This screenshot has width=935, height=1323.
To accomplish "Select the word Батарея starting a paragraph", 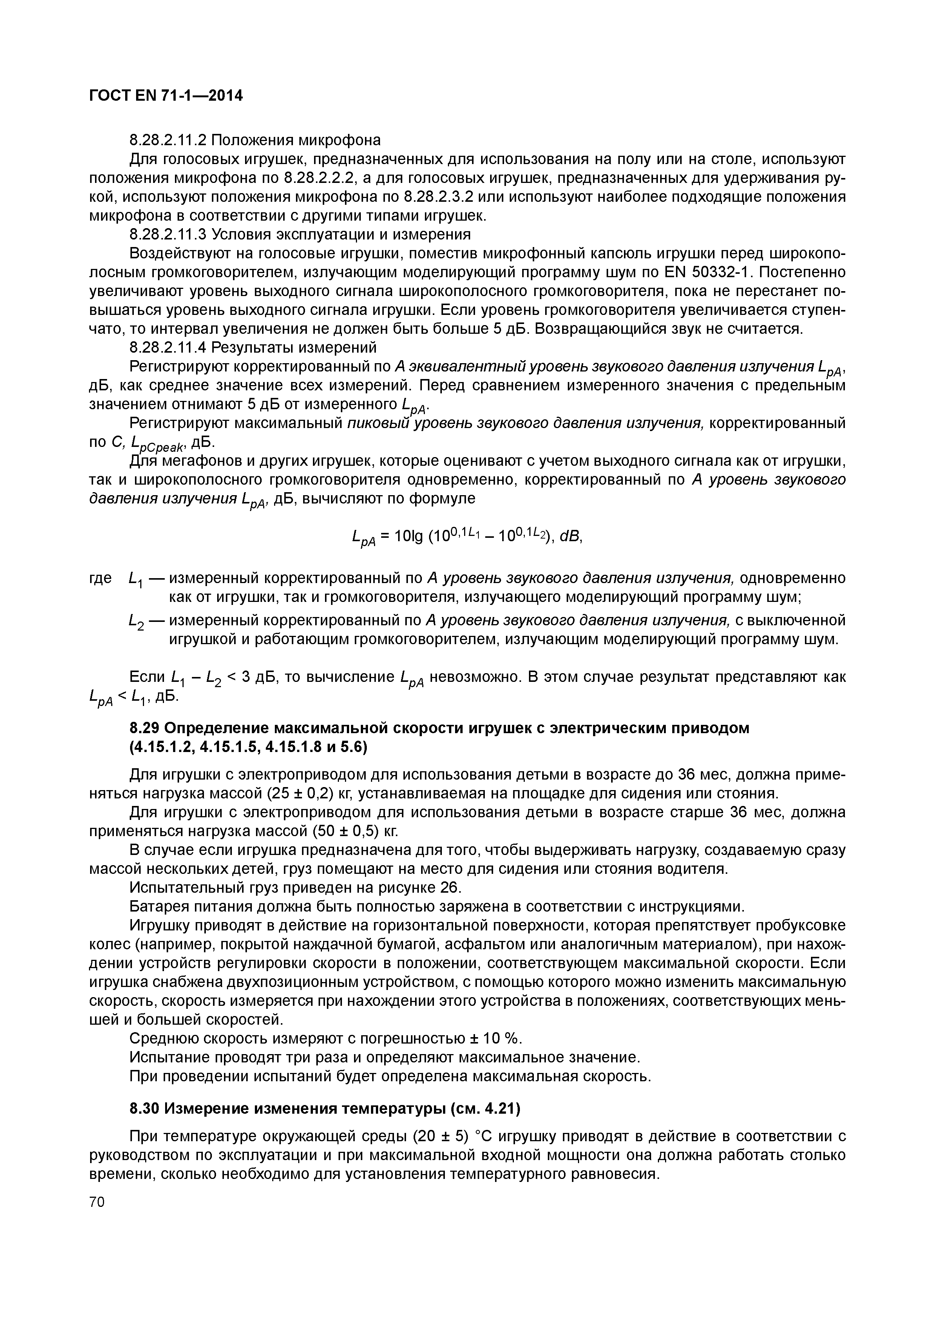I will tap(158, 907).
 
